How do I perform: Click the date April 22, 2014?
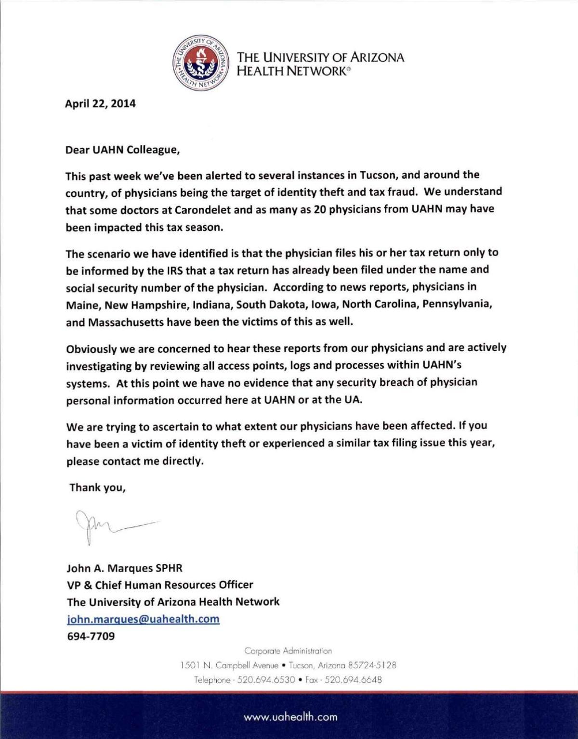click(100, 103)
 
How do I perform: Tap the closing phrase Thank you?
click(97, 487)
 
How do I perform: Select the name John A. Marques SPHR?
click(124, 568)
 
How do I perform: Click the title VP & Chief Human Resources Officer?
click(159, 585)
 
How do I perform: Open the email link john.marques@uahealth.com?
click(143, 619)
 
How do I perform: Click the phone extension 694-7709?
click(91, 636)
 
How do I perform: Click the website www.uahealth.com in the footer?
click(290, 717)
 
